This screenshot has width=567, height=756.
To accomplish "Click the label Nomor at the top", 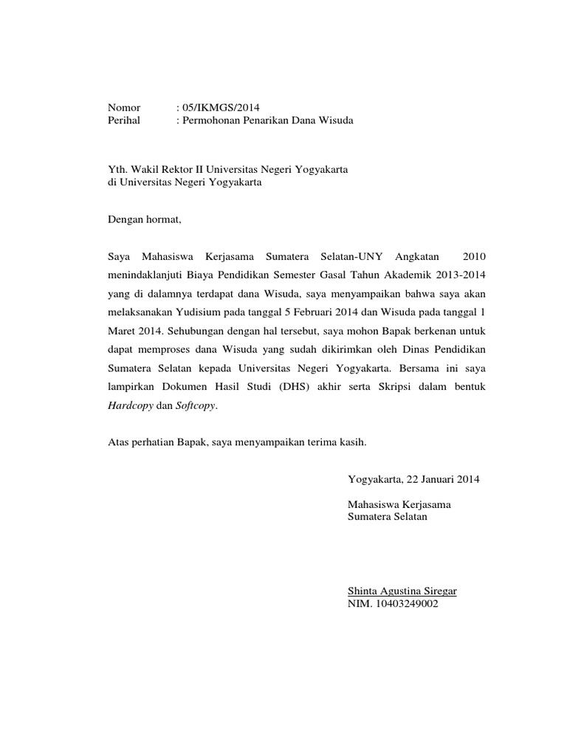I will click(x=124, y=108).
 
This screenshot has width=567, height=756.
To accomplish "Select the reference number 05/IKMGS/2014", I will click(x=221, y=108).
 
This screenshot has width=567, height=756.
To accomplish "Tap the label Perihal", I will click(x=125, y=120).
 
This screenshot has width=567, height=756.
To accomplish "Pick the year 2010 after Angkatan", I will click(x=474, y=256).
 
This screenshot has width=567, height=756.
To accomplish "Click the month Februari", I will click(x=315, y=312).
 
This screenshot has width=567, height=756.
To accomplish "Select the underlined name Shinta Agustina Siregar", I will click(x=402, y=591).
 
